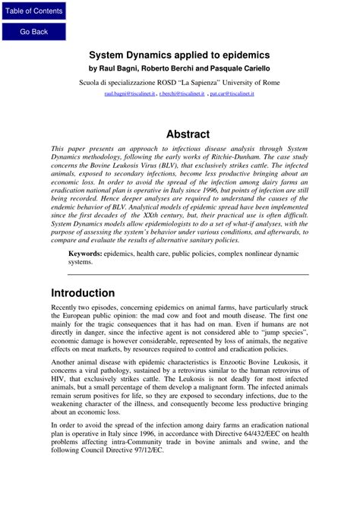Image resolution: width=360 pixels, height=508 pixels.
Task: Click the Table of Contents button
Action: [x=33, y=11]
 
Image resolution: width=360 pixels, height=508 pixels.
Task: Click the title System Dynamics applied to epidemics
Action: [x=180, y=55]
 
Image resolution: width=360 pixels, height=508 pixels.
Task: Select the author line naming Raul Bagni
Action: [x=180, y=68]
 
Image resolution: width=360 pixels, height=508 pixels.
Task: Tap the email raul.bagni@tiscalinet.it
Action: [x=130, y=94]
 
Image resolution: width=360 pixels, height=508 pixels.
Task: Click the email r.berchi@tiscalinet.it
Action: [x=182, y=94]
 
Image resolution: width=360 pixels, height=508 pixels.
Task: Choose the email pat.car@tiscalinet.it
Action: [x=232, y=94]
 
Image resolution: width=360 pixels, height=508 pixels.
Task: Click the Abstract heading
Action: [x=188, y=134]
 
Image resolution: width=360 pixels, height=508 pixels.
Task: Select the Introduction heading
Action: [x=83, y=293]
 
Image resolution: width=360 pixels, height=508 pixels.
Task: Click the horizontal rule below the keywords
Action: [x=188, y=274]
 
